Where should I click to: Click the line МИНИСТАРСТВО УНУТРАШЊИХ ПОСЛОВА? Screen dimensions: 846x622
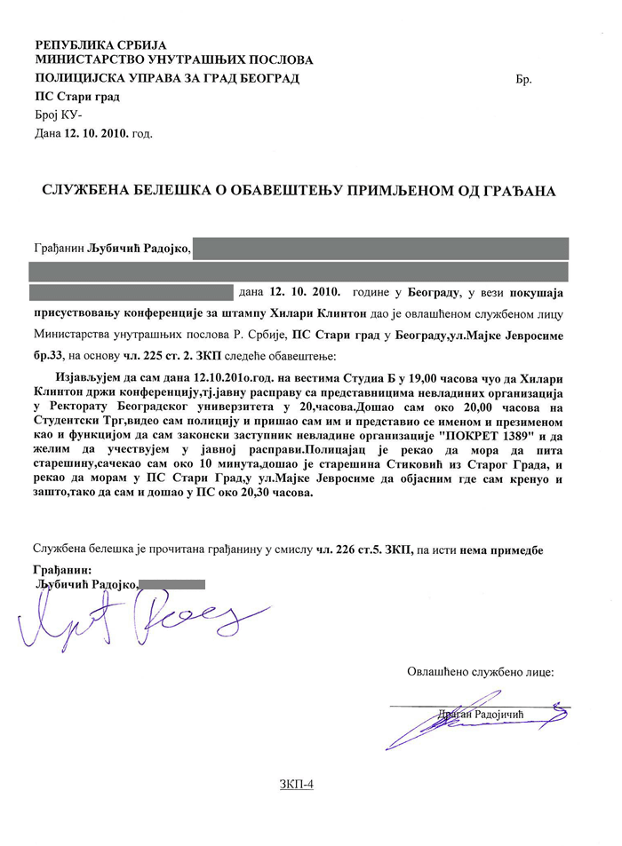point(173,60)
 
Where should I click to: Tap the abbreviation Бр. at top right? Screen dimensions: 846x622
point(523,80)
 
